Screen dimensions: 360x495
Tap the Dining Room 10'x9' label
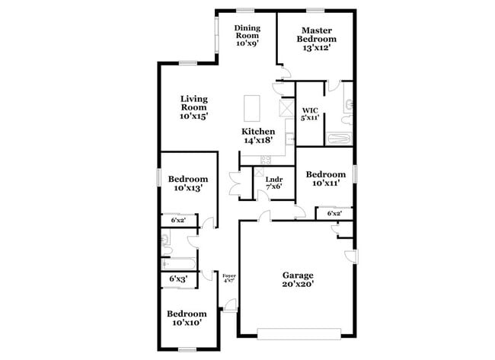[x=247, y=36]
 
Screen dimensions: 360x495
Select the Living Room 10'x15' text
[x=194, y=107]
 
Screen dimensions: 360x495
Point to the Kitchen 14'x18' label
[x=258, y=135]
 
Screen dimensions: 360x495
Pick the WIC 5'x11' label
[x=309, y=113]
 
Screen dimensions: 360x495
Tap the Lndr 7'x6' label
[x=274, y=183]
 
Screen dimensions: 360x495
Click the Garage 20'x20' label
[x=298, y=279]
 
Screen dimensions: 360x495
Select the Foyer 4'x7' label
[x=228, y=278]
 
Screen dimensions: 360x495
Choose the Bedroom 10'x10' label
[x=187, y=318]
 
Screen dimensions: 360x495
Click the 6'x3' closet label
[x=178, y=279]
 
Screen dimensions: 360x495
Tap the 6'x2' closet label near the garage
[x=334, y=214]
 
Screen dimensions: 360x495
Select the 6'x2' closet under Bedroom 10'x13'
[x=178, y=220]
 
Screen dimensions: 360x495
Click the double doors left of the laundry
[x=236, y=184]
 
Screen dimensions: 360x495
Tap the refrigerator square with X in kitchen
[x=287, y=108]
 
